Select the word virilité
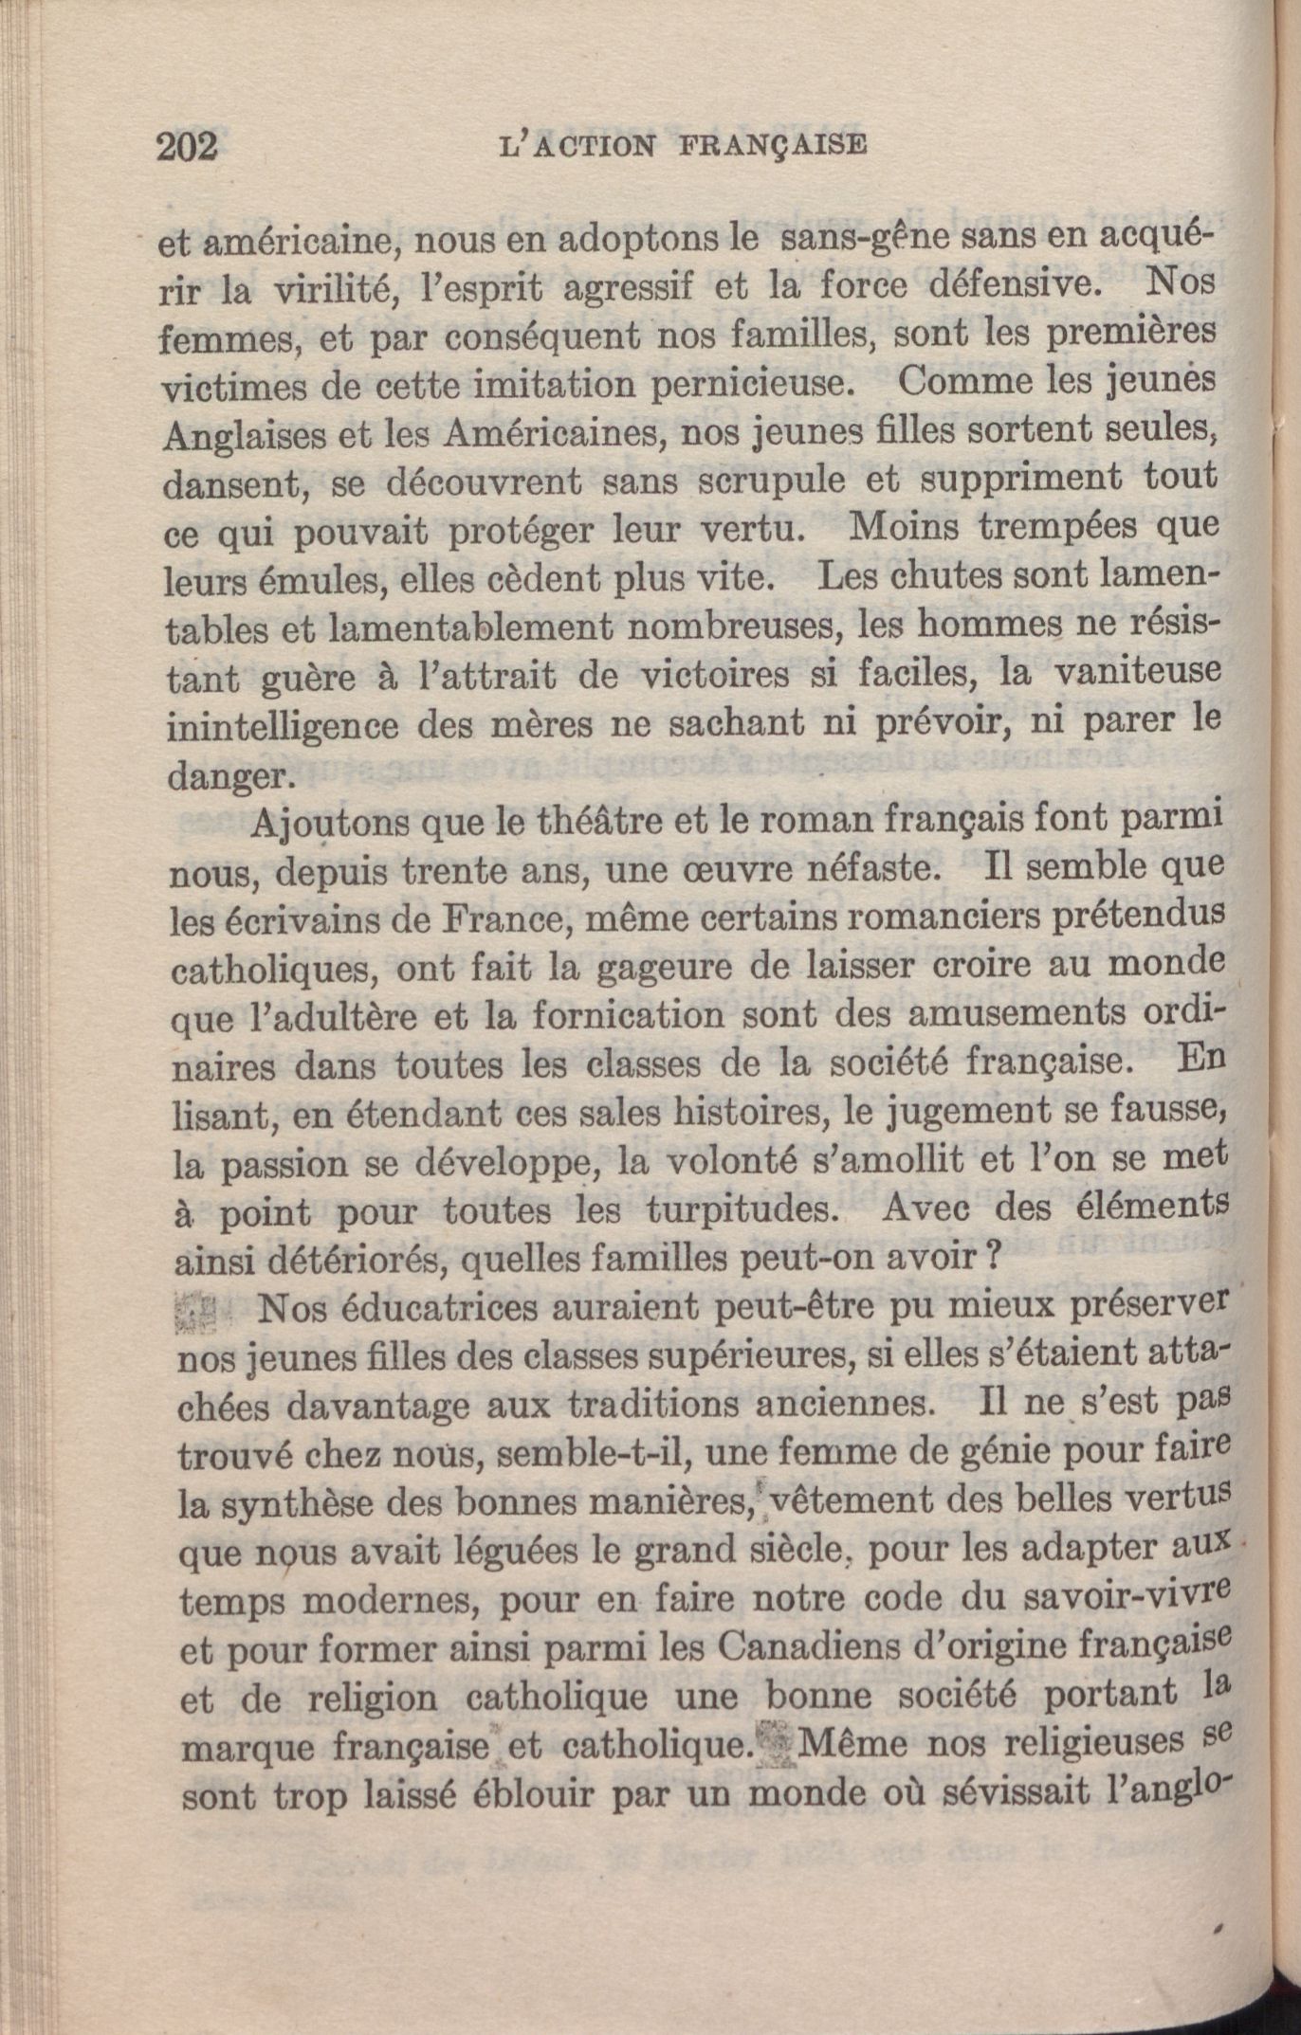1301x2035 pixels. click(x=328, y=289)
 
